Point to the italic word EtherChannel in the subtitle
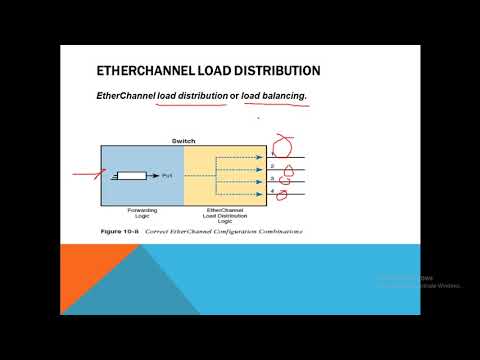click(128, 95)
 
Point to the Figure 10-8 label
click(125, 232)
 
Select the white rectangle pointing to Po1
click(128, 176)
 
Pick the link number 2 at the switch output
click(271, 166)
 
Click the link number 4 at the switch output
click(271, 189)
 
